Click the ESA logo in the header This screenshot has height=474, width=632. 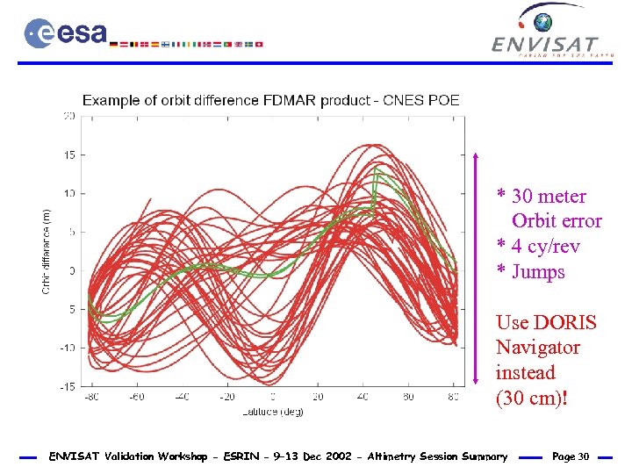pyautogui.click(x=66, y=33)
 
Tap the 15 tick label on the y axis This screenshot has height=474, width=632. pyautogui.click(x=68, y=154)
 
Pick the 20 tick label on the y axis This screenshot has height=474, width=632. pyautogui.click(x=68, y=115)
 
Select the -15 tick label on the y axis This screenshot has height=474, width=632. pyautogui.click(x=66, y=386)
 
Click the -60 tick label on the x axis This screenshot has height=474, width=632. pyautogui.click(x=136, y=398)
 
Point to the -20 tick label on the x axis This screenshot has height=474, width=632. pyautogui.click(x=226, y=398)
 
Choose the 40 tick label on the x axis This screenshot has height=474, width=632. pyautogui.click(x=363, y=398)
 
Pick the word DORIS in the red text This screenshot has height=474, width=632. pyautogui.click(x=564, y=322)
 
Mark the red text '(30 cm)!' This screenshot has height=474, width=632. pyautogui.click(x=532, y=399)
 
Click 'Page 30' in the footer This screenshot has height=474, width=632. pyautogui.click(x=571, y=456)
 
